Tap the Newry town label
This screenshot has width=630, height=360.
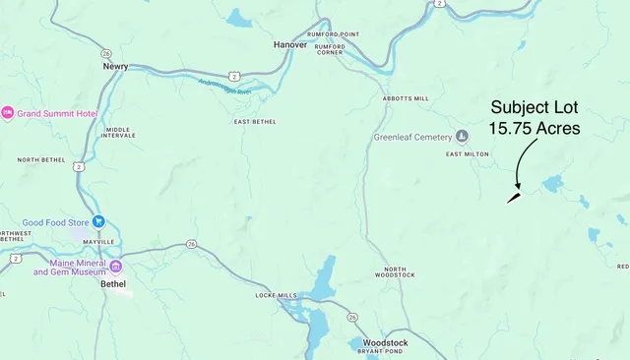pyautogui.click(x=116, y=67)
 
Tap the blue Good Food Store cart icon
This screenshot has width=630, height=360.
pyautogui.click(x=98, y=222)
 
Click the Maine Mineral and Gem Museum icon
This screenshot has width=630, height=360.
pyautogui.click(x=115, y=266)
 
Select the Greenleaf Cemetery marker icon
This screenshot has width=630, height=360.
pyautogui.click(x=460, y=137)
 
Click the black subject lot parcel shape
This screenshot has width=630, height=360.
pyautogui.click(x=514, y=197)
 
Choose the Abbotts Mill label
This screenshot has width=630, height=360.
pyautogui.click(x=406, y=99)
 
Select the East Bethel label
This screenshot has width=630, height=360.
pyautogui.click(x=254, y=121)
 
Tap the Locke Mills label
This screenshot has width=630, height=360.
pyautogui.click(x=276, y=295)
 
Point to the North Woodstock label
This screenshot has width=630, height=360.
pyautogui.click(x=395, y=273)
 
